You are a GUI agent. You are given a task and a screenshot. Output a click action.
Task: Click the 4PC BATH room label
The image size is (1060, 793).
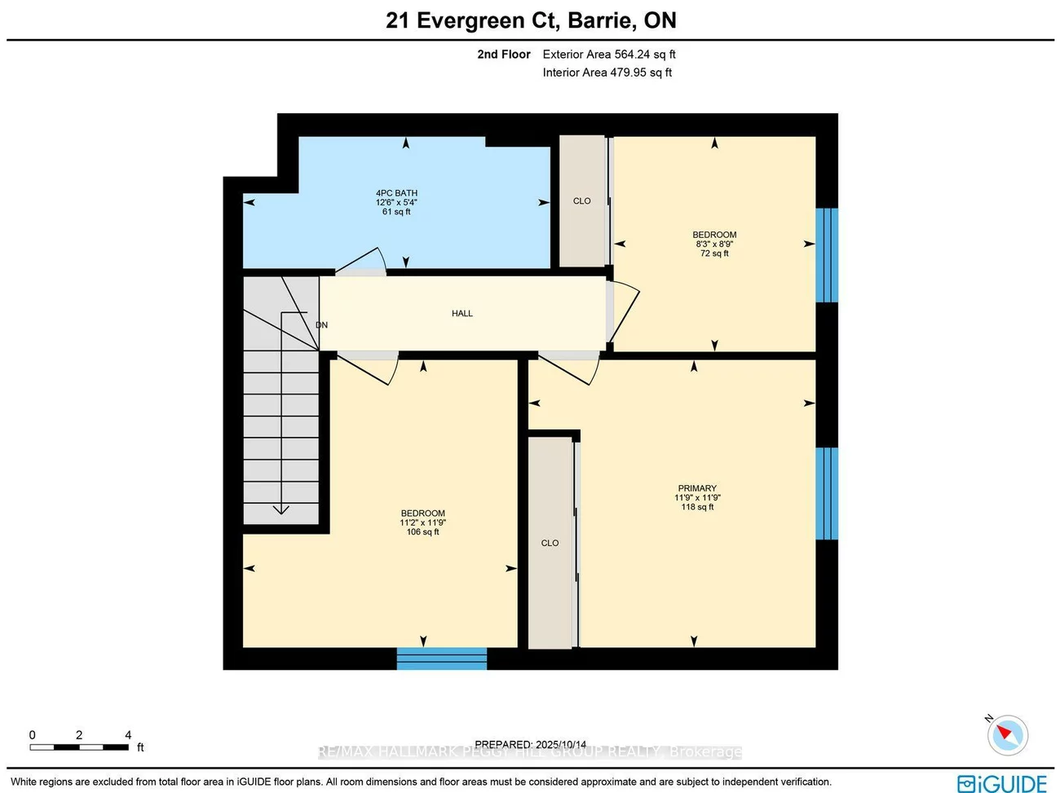[x=396, y=193]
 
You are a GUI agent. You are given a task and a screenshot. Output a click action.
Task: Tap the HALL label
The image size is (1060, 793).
[x=462, y=313]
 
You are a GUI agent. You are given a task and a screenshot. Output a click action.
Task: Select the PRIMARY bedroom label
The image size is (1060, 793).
[x=697, y=488]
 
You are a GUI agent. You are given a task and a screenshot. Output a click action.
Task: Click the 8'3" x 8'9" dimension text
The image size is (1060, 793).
[x=714, y=244]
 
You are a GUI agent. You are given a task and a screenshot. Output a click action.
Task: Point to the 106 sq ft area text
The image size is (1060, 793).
[x=422, y=532]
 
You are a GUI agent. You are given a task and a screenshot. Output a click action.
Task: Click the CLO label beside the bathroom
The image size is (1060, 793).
[x=581, y=200]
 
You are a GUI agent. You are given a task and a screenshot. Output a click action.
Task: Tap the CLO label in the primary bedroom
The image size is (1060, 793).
[x=550, y=543]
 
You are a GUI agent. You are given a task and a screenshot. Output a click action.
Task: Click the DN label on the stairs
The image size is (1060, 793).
[x=321, y=324]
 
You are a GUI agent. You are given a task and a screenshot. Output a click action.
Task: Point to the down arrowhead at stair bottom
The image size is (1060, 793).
[x=280, y=509]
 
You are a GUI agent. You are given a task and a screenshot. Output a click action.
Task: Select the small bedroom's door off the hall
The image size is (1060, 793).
[x=625, y=311]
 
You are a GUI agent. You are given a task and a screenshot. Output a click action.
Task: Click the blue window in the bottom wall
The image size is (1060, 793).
[x=441, y=659]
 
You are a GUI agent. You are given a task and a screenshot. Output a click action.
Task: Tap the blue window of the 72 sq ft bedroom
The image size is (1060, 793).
[x=827, y=255]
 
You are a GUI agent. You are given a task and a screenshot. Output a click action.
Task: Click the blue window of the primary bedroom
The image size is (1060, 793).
[x=827, y=493]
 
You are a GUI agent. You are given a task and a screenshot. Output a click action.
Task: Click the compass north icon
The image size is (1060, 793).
[x=1007, y=734]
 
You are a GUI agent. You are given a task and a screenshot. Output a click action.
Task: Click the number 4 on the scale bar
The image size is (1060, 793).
[x=128, y=735]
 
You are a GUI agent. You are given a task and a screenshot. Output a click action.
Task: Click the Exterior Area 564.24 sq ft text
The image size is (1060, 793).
[x=609, y=55]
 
